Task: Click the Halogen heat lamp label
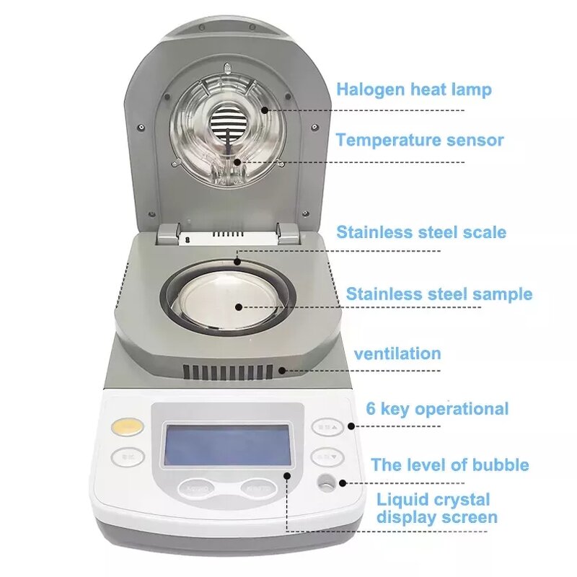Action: pos(414,89)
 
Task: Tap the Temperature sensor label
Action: pos(419,140)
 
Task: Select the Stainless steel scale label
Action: pos(421,232)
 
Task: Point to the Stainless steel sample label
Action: pos(439,294)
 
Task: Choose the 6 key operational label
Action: pos(437,409)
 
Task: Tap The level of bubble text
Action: pos(450,464)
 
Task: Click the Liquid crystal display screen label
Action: pos(437,508)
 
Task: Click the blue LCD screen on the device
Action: pos(228,444)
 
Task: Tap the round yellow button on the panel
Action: pos(128,427)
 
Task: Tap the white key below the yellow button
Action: pos(128,457)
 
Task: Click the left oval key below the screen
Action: pos(198,488)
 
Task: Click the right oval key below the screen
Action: pos(259,488)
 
